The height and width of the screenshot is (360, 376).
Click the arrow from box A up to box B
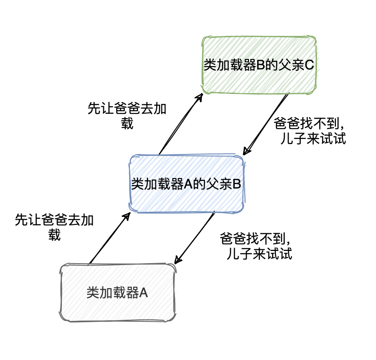coord(109,238)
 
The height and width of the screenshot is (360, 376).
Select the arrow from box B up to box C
coord(180,124)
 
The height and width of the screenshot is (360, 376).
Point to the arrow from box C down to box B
coord(266,124)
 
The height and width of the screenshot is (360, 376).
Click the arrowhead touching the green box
coord(200,96)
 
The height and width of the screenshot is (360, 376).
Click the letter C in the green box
coord(309,65)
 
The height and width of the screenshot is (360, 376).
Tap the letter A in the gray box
coord(144,293)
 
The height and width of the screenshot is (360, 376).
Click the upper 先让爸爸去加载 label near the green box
coord(127,116)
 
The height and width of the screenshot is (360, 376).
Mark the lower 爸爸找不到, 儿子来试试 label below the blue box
coord(257,246)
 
